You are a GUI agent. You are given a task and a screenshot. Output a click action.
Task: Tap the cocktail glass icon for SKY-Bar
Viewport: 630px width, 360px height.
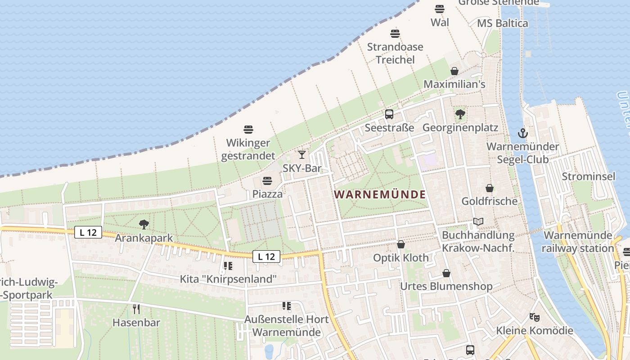302,155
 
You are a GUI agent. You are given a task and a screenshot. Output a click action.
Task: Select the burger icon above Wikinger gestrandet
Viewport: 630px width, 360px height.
248,130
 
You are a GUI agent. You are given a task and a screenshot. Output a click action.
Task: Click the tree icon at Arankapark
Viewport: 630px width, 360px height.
144,224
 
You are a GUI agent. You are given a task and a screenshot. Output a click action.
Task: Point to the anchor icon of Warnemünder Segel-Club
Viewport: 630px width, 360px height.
522,133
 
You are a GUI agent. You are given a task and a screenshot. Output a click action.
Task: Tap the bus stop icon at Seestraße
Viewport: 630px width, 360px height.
389,114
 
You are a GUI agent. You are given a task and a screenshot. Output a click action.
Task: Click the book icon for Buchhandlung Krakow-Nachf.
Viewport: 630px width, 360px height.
478,222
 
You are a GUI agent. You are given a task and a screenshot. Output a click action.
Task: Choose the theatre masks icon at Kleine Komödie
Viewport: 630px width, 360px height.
534,317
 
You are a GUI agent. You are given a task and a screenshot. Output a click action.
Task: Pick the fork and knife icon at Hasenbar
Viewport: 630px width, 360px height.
136,309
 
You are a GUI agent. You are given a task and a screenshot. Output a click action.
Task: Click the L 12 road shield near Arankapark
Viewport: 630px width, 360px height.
88,233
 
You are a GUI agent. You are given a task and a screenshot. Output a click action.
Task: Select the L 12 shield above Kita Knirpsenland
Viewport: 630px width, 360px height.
266,256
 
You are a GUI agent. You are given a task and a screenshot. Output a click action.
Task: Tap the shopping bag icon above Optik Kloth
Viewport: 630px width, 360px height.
401,244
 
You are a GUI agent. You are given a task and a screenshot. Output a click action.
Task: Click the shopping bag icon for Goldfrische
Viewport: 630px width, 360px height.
490,188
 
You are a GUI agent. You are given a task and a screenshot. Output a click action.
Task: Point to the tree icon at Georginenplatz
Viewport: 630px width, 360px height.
460,114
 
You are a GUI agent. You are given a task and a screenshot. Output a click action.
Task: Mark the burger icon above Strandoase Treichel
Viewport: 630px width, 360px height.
395,33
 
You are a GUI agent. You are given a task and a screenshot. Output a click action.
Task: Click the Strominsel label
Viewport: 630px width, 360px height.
588,176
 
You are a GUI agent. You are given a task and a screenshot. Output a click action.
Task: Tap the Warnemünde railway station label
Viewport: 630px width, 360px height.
578,242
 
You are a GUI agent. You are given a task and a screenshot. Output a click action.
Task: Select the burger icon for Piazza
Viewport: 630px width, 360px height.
267,181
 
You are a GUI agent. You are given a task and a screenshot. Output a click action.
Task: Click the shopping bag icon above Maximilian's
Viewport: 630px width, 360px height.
454,71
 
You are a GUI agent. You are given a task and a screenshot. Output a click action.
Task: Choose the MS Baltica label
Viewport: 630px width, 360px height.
503,23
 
